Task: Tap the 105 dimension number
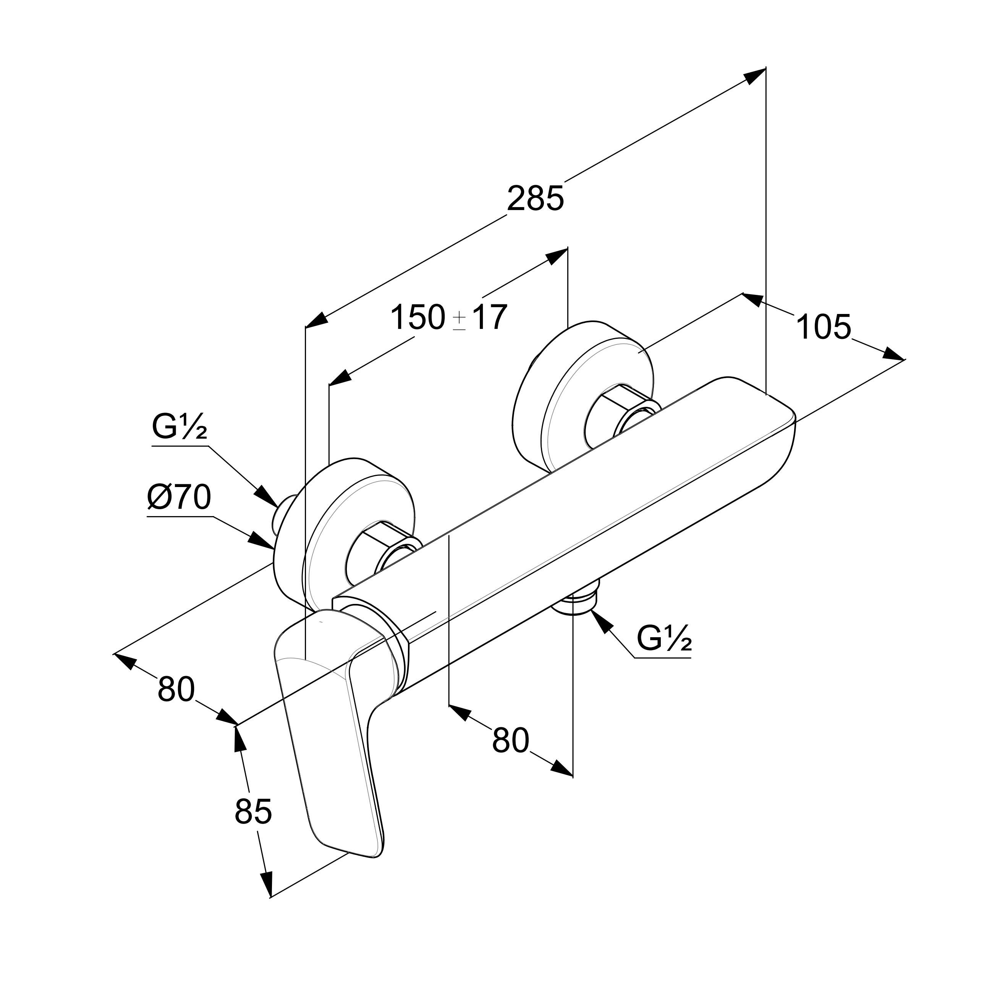tap(823, 327)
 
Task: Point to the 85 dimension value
tap(253, 811)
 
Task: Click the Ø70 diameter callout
tap(179, 497)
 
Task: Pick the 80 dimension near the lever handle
tap(176, 689)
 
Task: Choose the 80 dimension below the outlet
tap(510, 740)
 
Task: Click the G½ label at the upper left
tap(179, 427)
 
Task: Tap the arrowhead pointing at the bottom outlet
tap(600, 621)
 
